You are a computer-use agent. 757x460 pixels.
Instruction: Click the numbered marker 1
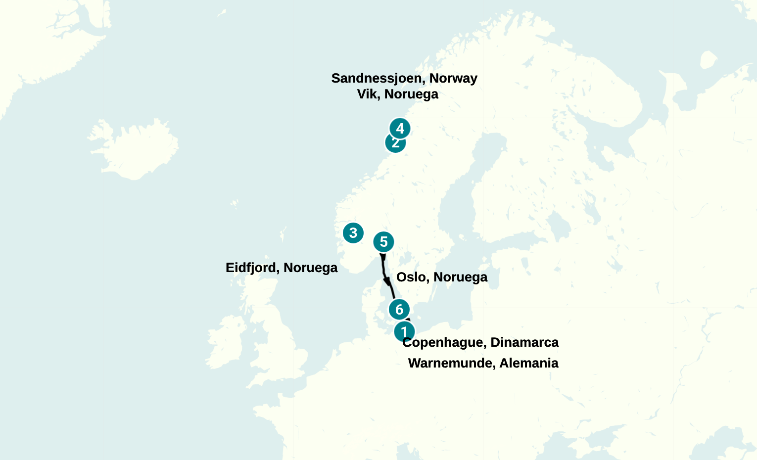point(404,331)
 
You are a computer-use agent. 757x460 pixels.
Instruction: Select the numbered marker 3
point(353,232)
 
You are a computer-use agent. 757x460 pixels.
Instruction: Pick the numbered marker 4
point(400,129)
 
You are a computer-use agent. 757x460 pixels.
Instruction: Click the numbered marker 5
point(383,242)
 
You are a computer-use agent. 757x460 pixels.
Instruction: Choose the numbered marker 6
point(399,310)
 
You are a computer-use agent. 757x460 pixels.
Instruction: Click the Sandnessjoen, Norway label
point(404,78)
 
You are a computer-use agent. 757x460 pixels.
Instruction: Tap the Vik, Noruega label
point(397,94)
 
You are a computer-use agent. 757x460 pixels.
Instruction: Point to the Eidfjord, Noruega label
point(281,268)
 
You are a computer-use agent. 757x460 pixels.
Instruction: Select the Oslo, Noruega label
point(441,277)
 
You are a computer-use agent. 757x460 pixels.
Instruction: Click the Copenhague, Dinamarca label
point(480,342)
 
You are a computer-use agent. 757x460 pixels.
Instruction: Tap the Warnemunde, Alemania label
point(483,363)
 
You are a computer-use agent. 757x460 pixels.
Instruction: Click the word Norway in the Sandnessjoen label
point(453,78)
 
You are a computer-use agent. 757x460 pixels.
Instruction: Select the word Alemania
point(528,363)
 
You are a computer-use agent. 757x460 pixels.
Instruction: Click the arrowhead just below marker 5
point(382,257)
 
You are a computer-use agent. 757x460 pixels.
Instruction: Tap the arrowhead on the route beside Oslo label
point(387,281)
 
